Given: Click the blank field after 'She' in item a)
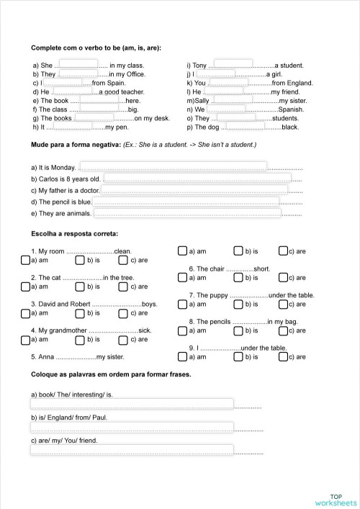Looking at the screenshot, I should pos(78,64).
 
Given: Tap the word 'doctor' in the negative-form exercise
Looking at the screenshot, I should pos(87,190).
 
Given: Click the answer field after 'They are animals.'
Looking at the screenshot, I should pos(187,213).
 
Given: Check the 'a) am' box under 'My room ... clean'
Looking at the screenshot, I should pos(26,260).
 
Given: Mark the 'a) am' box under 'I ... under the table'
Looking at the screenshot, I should pos(182,356).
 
